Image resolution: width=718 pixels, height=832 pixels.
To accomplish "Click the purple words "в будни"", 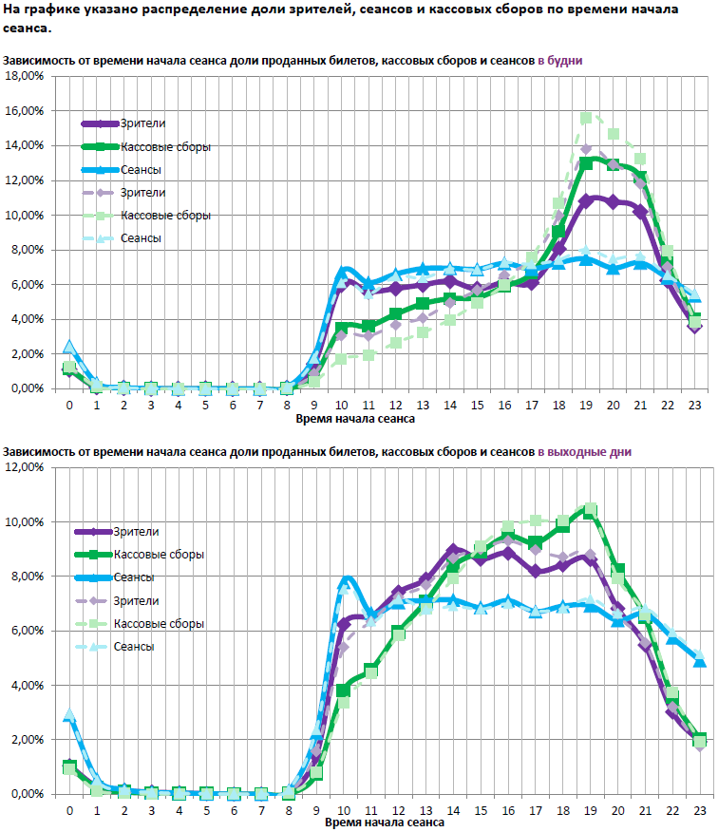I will coord(560,60).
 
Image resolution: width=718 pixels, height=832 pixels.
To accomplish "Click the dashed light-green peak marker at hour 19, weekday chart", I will coord(587,118).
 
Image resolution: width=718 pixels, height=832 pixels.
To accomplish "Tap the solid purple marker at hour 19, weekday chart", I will coord(587,200).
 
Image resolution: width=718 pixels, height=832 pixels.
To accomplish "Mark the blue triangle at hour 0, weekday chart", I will coord(68,348).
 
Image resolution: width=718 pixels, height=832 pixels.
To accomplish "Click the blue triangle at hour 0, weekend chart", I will coord(68,715).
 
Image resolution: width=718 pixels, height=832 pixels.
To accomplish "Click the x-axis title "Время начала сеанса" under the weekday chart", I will coord(355,418).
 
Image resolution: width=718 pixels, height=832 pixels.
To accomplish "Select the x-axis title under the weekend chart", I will coord(384,823).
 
